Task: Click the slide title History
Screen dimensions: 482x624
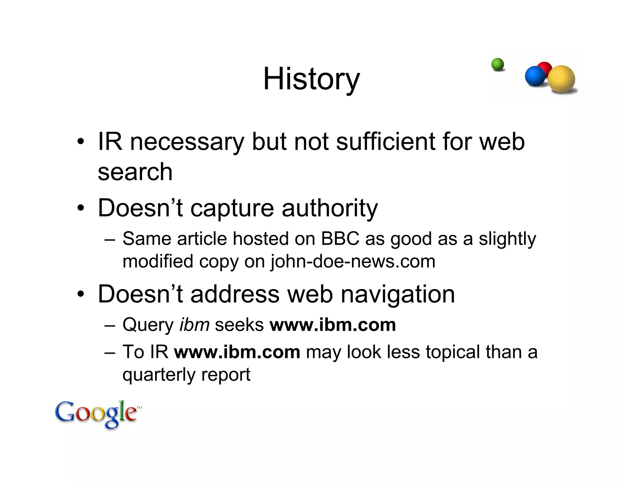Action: pyautogui.click(x=311, y=79)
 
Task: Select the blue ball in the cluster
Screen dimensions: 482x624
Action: pyautogui.click(x=535, y=76)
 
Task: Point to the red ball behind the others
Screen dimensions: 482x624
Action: pyautogui.click(x=545, y=68)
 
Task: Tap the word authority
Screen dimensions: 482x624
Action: pyautogui.click(x=330, y=208)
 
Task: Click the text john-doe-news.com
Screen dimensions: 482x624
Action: pyautogui.click(x=353, y=261)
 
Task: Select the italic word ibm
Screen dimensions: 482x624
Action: pyautogui.click(x=194, y=324)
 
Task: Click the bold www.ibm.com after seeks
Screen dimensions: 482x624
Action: pyautogui.click(x=333, y=324)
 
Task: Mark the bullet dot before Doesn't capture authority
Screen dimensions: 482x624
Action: pyautogui.click(x=80, y=208)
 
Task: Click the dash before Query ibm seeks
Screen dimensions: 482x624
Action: pyautogui.click(x=110, y=325)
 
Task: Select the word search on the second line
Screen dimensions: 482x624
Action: pyautogui.click(x=135, y=172)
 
